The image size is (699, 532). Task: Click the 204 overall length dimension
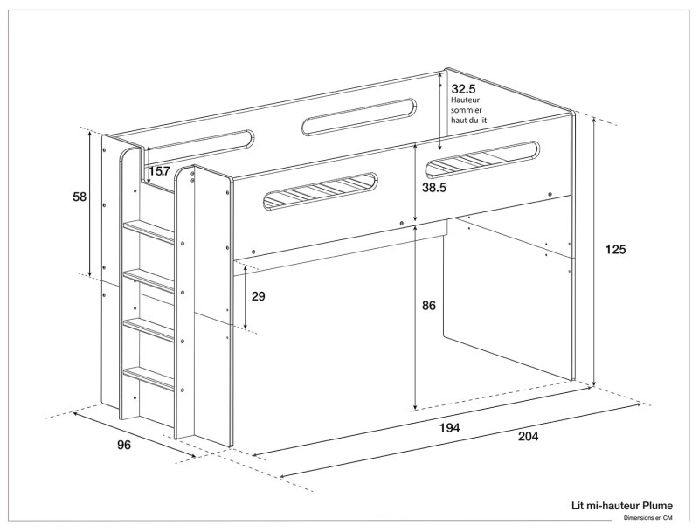pos(527,436)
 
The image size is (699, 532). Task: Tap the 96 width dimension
pos(124,446)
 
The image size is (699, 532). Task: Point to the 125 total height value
pos(615,250)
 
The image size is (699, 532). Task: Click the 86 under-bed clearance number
pos(428,306)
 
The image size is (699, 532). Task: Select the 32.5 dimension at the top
pos(463,88)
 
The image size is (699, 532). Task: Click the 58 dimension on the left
pos(80,197)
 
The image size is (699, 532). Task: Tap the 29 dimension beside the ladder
pos(258,296)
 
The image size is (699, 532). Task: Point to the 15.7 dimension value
pos(159,171)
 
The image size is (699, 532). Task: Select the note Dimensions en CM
pos(647,518)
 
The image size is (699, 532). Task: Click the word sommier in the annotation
pos(467,111)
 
